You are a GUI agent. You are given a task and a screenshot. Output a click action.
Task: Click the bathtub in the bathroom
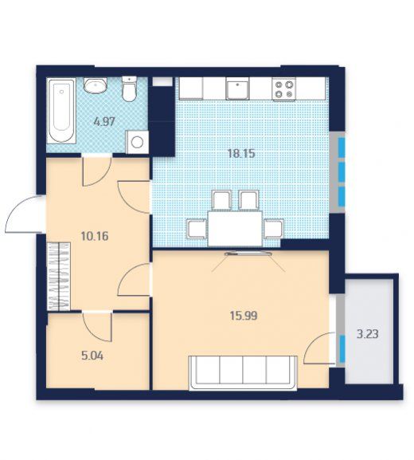62,111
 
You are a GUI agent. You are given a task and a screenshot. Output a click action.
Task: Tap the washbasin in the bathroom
96,85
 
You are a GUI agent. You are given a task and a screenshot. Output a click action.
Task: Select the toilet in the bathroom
129,89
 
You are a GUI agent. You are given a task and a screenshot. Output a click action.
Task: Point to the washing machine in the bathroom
137,142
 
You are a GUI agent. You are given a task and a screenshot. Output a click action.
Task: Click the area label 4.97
104,121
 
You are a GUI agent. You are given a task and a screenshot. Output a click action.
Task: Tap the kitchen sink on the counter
237,88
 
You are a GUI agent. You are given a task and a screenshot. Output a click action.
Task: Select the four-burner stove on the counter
283,89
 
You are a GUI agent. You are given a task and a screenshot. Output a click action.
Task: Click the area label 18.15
242,153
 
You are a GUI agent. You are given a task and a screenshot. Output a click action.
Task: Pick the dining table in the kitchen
235,229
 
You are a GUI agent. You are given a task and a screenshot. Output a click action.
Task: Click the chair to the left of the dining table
197,229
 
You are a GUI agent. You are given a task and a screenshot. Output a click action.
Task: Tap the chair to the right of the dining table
273,229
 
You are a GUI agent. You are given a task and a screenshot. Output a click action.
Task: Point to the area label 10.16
95,236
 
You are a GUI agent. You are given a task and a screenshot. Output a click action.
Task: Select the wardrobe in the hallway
59,276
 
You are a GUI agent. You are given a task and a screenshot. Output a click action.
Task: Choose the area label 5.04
92,356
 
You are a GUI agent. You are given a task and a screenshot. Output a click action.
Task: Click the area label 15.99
244,316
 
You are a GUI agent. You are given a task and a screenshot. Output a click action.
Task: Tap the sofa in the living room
243,373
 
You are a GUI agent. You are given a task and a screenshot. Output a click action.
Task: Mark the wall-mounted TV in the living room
248,254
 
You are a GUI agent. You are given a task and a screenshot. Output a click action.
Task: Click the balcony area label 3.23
367,334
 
